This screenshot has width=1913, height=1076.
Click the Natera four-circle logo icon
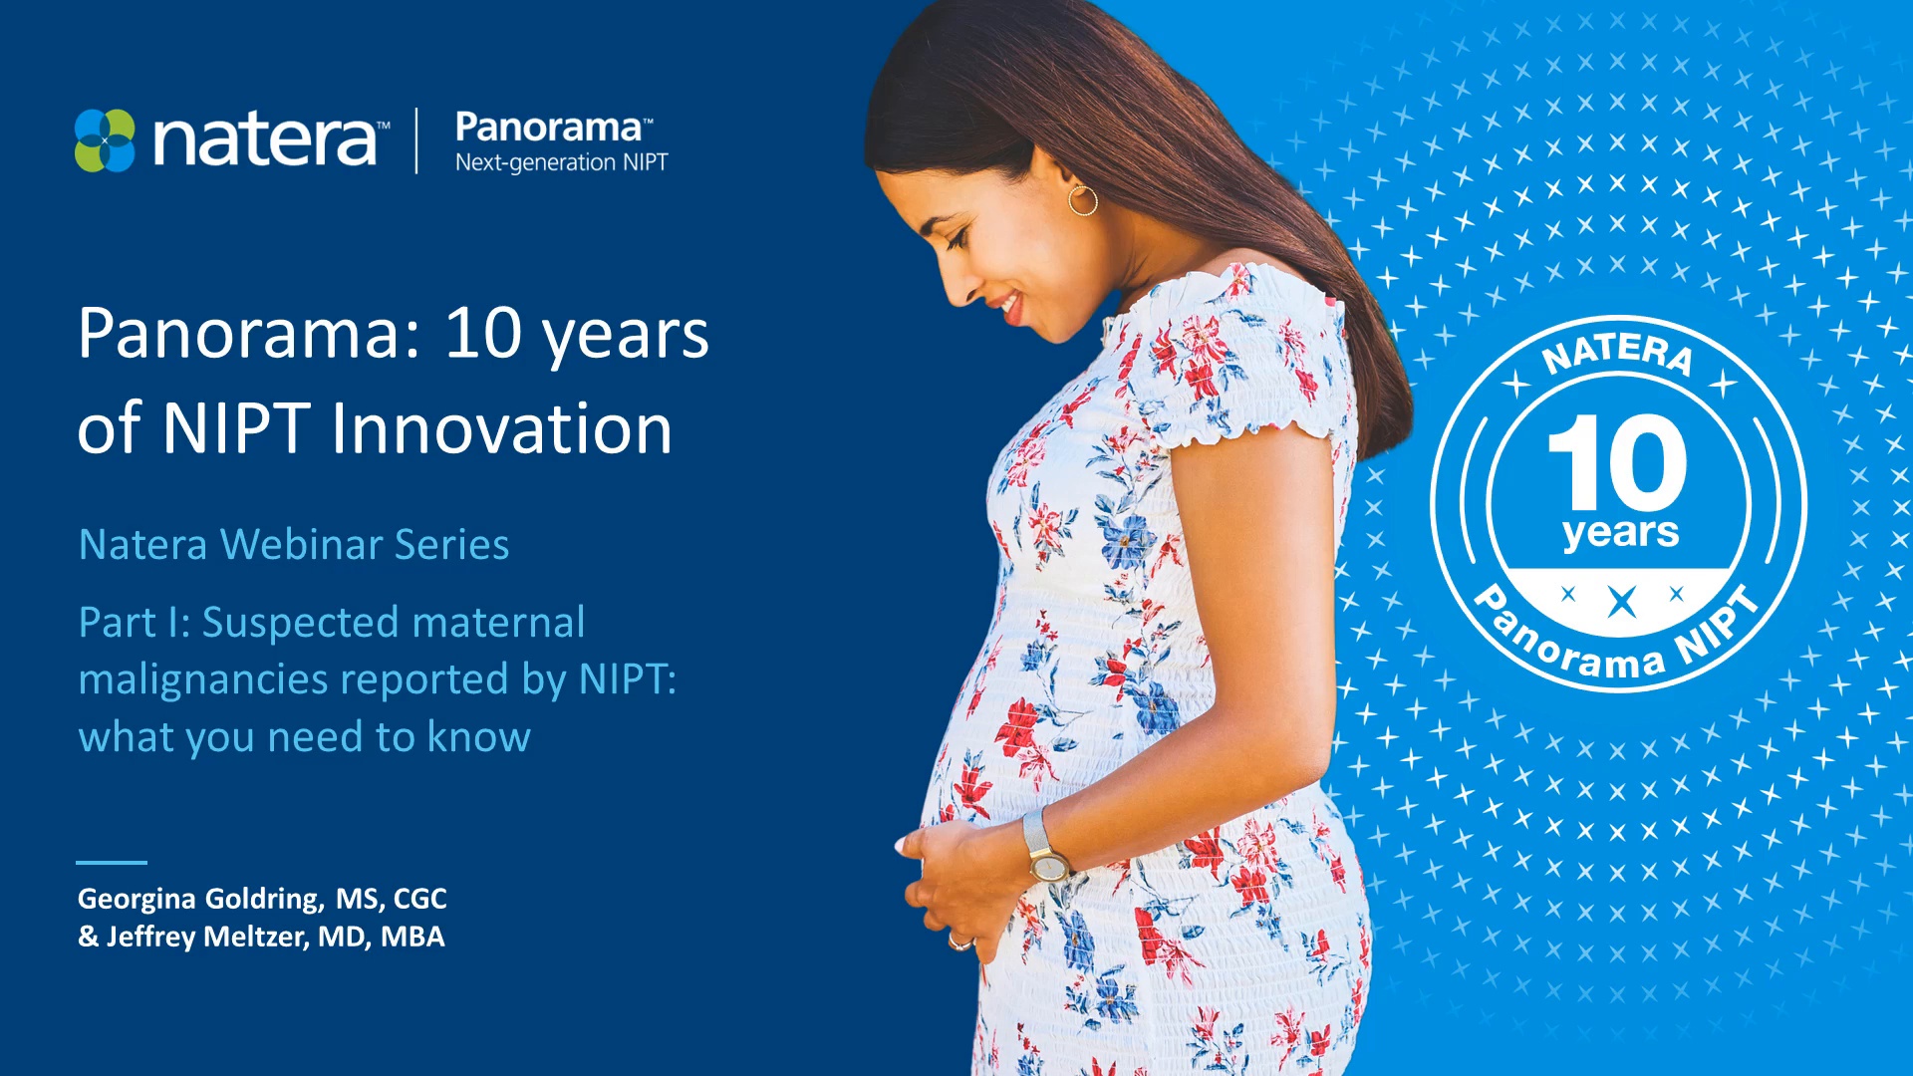(x=105, y=140)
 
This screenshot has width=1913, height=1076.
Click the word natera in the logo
(x=265, y=140)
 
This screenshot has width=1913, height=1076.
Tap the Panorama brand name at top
(x=549, y=128)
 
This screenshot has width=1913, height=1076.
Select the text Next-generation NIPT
(x=561, y=162)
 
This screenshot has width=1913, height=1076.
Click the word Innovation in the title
(x=501, y=429)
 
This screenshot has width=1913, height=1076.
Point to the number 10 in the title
(x=483, y=333)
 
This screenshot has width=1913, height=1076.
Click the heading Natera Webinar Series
(x=294, y=545)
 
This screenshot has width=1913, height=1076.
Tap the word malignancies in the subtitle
(x=203, y=679)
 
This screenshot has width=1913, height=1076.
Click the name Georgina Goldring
(x=200, y=899)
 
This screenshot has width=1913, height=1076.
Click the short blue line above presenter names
(x=112, y=863)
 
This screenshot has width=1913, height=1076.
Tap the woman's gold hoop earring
(x=1083, y=199)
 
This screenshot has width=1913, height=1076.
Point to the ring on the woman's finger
(x=957, y=941)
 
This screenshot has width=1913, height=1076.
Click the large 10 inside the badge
(x=1618, y=463)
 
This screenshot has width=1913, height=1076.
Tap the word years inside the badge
(x=1620, y=533)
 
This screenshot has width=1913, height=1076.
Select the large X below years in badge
(x=1622, y=602)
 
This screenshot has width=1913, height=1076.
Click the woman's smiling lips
(x=1010, y=305)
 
